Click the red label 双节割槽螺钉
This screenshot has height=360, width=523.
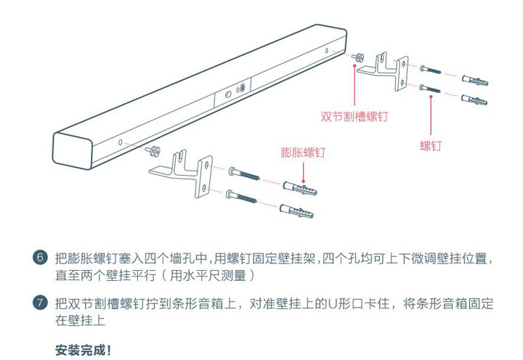354,116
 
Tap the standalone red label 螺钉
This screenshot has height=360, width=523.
431,146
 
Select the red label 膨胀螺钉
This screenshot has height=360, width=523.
303,153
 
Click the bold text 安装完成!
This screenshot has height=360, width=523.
84,351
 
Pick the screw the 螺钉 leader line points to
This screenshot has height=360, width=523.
431,88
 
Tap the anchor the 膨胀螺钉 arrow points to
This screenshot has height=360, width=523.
298,190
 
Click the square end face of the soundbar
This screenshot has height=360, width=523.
75,154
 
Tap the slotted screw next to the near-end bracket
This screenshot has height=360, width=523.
153,150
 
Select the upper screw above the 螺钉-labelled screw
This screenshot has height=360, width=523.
431,69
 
